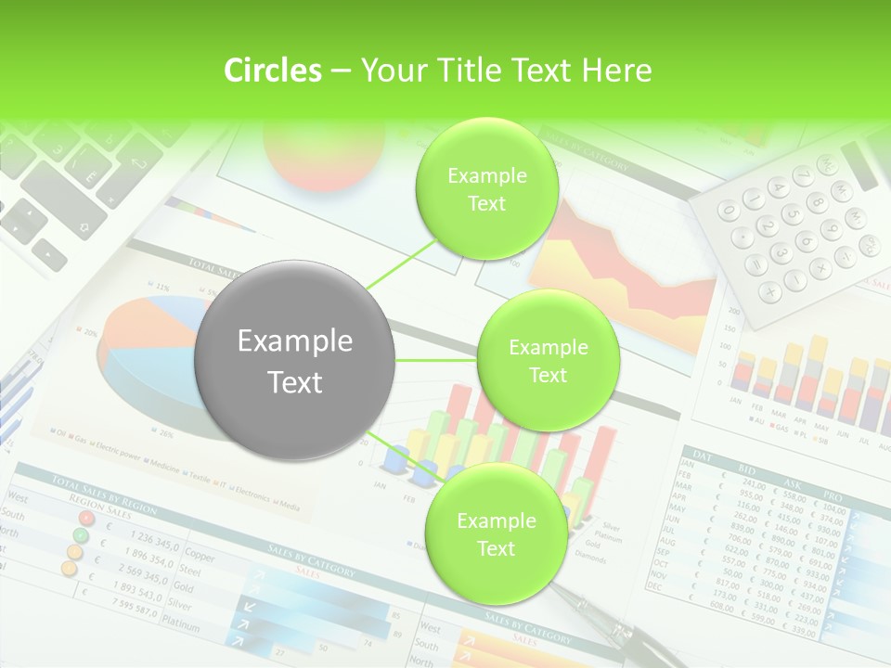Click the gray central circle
(x=295, y=361)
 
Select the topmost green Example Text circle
(x=486, y=189)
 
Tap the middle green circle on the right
(x=548, y=361)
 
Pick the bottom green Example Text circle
(x=496, y=534)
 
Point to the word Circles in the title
(x=273, y=71)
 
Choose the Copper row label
(x=200, y=557)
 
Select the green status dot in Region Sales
(x=81, y=534)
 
